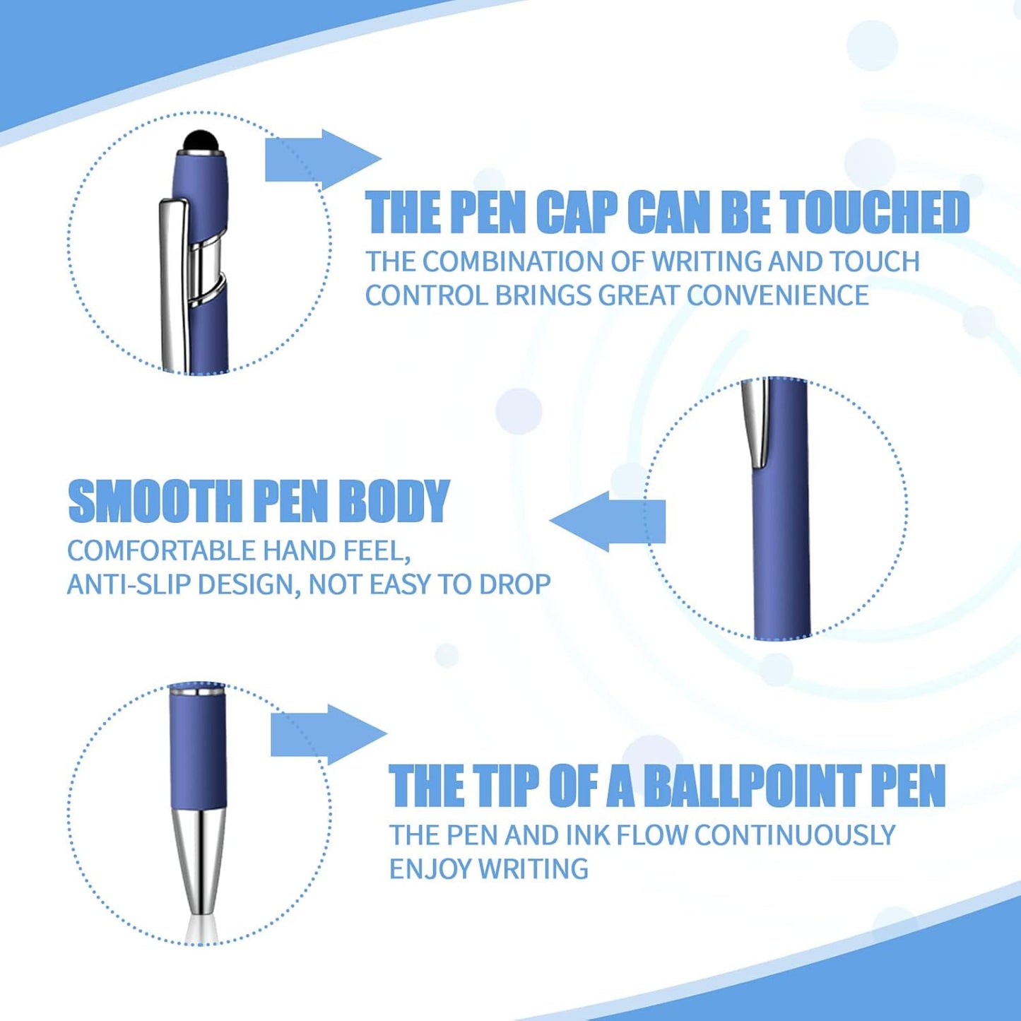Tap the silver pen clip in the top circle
[173, 283]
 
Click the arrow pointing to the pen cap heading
[321, 160]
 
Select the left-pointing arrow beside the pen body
[608, 521]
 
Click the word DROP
[515, 585]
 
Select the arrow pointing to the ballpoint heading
[329, 735]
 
